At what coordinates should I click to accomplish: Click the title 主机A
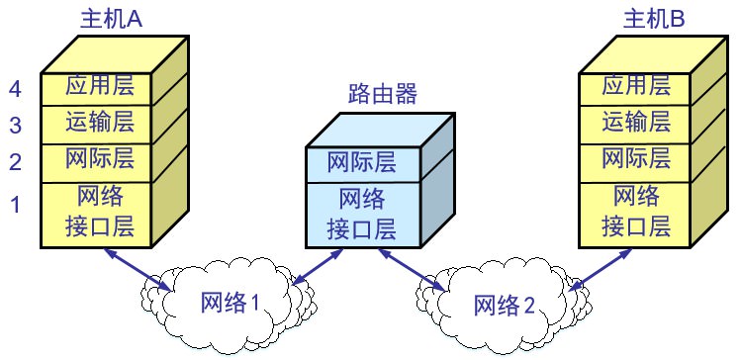click(x=111, y=19)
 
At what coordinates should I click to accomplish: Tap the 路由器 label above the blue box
click(x=383, y=95)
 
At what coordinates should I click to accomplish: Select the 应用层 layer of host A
click(x=99, y=87)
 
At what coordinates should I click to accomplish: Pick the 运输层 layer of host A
click(x=99, y=123)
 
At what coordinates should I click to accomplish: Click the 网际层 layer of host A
click(x=99, y=158)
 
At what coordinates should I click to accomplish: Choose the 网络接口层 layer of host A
click(x=99, y=213)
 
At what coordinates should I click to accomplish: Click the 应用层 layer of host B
click(x=636, y=87)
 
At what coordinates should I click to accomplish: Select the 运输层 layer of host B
click(x=636, y=123)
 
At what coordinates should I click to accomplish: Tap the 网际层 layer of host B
click(x=636, y=158)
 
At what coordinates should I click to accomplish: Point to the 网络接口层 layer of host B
click(x=636, y=213)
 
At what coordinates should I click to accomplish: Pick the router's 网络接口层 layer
click(x=361, y=215)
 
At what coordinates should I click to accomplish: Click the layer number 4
click(x=15, y=90)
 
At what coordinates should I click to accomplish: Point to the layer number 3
click(x=15, y=126)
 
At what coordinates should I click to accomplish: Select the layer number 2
click(x=15, y=161)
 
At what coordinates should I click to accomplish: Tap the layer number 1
click(x=15, y=206)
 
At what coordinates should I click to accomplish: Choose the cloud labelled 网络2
click(x=503, y=303)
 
